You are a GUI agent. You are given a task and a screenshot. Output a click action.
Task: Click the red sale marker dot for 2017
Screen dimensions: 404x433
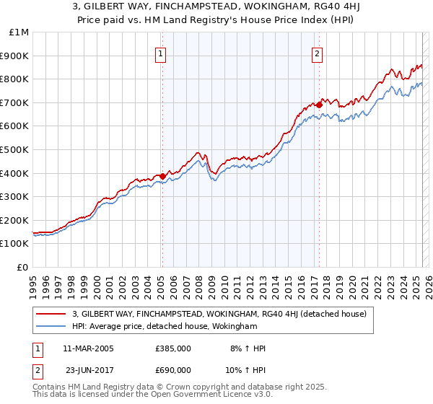(319, 105)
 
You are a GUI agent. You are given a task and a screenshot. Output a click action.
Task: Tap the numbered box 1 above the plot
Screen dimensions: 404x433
(160, 53)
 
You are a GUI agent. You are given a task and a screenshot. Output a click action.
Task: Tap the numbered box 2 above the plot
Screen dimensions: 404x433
(317, 53)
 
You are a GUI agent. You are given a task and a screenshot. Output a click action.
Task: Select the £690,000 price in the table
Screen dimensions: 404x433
(173, 370)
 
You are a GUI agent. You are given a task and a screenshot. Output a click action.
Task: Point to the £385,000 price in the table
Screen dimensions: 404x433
(173, 348)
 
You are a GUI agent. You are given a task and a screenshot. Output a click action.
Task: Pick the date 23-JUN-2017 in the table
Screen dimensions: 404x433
(88, 370)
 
